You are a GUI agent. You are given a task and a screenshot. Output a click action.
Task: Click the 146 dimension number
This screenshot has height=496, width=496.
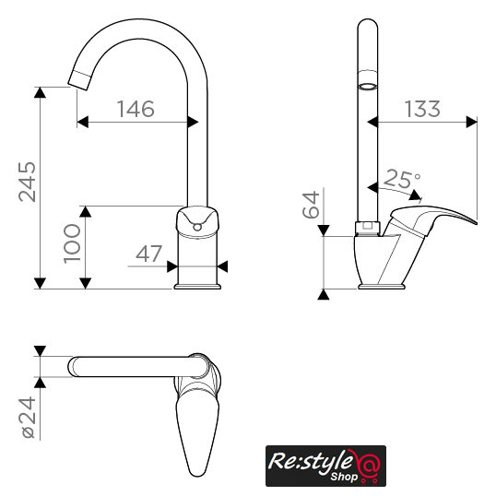[x=136, y=109]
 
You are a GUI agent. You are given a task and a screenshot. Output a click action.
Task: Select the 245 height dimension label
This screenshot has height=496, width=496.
[x=28, y=182]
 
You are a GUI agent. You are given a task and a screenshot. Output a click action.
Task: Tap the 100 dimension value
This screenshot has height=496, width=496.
[x=72, y=243]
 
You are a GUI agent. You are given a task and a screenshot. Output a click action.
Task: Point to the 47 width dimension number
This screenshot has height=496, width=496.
[x=148, y=254]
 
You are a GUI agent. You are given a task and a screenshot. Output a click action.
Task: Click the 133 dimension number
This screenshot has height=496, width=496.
[x=422, y=109]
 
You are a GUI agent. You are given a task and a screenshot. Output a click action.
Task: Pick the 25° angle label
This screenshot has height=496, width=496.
[x=402, y=179]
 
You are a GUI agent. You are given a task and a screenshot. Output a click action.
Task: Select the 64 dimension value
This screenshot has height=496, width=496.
[x=311, y=205]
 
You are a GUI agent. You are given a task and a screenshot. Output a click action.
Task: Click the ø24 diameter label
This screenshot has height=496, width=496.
[x=29, y=418]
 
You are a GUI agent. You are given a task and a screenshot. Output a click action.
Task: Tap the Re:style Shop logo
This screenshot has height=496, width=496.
[x=325, y=466]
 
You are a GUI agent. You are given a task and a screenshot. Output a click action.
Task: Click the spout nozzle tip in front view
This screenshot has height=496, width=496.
[x=79, y=80]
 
